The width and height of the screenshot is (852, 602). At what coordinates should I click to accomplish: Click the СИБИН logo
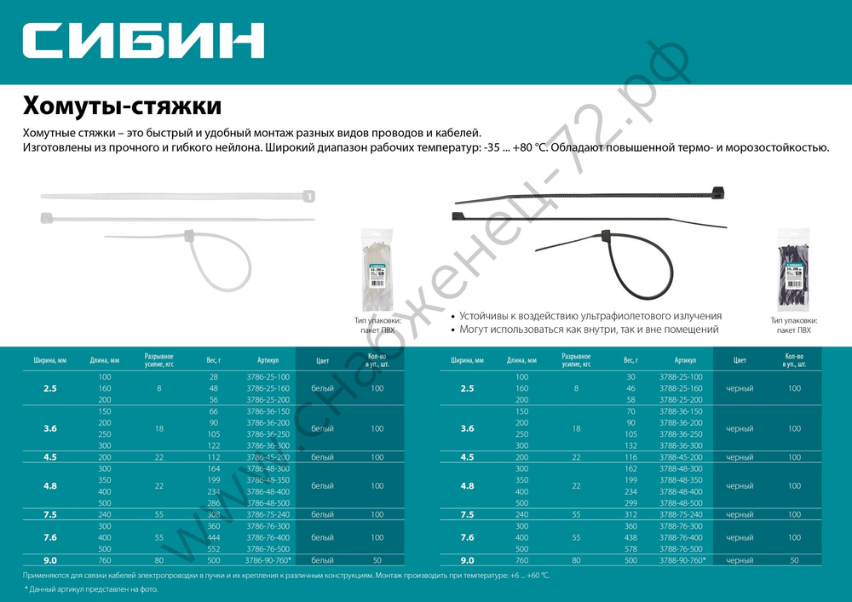point(142,40)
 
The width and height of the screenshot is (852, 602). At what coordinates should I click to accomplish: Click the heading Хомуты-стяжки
point(122,107)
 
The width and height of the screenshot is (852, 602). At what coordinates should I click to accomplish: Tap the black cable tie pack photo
point(793,270)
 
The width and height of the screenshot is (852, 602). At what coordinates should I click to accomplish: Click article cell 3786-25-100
point(268,377)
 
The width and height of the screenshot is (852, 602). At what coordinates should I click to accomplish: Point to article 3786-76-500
point(268,549)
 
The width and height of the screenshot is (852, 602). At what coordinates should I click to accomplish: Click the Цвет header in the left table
point(322,360)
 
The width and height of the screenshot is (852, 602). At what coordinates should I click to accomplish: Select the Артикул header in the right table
point(685,360)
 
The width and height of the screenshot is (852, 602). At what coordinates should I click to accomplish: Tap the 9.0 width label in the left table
point(50,560)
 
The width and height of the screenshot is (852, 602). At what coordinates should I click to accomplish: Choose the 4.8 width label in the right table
point(468,486)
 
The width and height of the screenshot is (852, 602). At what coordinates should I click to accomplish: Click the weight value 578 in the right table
point(630,549)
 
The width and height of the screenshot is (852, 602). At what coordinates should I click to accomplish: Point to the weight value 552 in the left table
point(213,549)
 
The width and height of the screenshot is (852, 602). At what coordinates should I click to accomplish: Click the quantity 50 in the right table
point(794,560)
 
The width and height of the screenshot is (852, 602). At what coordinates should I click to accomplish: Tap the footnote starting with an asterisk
point(90,589)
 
